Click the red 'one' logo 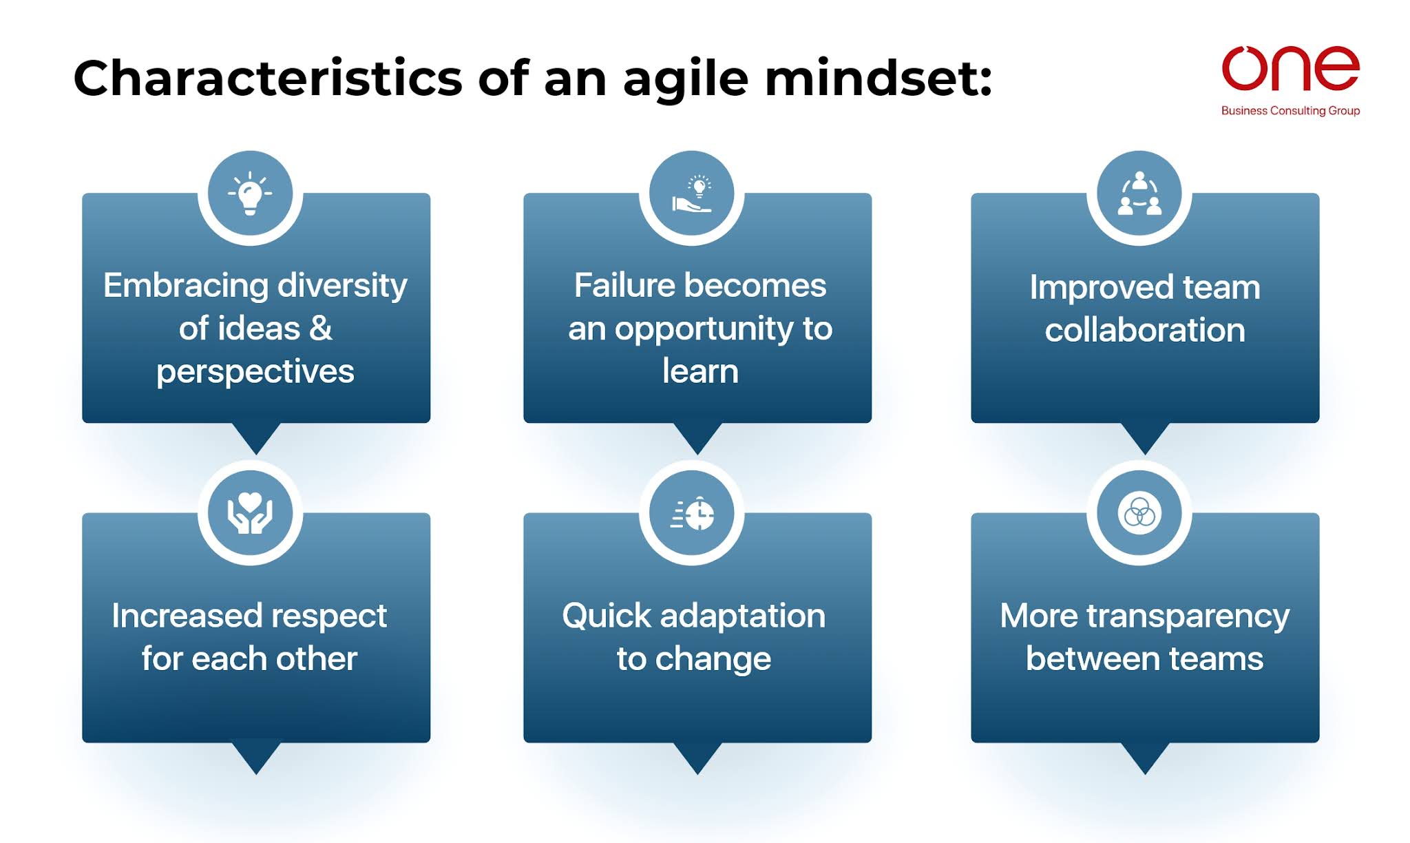1290,68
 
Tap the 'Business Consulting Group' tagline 1290,111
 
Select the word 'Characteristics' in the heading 267,78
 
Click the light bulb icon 250,194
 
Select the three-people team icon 1139,194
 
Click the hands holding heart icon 250,514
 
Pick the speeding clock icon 693,514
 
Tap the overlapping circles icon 1139,513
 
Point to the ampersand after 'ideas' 321,329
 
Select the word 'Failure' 624,286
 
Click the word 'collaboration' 1145,331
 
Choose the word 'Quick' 606,616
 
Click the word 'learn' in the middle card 700,372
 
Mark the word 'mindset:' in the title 878,78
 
